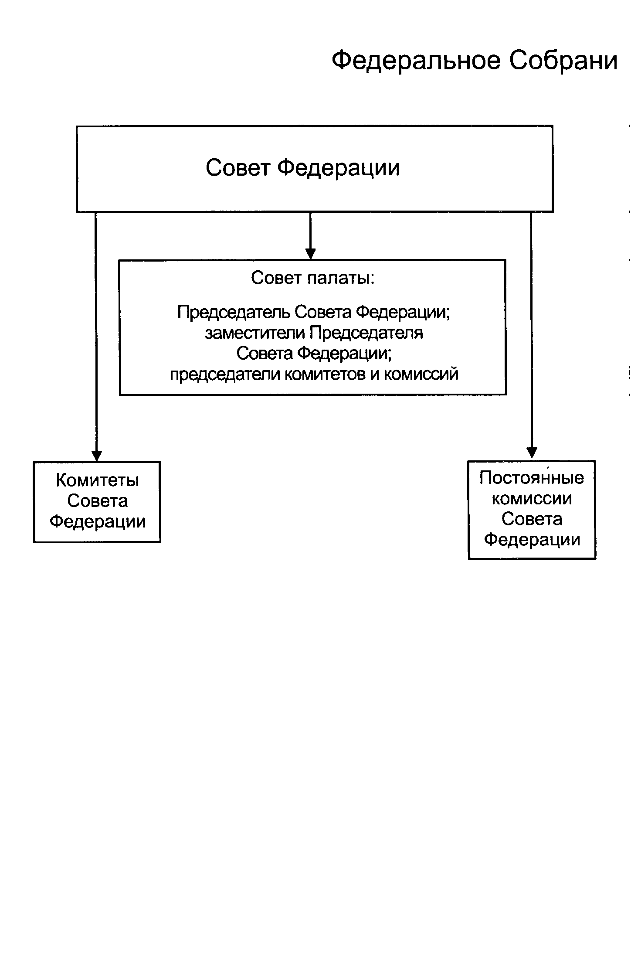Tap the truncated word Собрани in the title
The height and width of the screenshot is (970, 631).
point(563,61)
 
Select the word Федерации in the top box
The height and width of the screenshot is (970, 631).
point(339,168)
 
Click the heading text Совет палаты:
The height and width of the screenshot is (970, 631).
point(312,278)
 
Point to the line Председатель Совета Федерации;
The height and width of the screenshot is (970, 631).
point(313,312)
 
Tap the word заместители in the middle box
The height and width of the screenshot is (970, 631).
point(256,333)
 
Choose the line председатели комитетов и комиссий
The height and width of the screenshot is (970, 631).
point(314,374)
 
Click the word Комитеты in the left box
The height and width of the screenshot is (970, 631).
point(98,480)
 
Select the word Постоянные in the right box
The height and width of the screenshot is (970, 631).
point(532,478)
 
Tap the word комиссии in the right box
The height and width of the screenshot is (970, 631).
point(532,498)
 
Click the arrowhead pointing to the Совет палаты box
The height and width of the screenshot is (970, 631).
point(310,254)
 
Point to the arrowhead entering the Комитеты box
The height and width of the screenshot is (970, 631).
point(96,455)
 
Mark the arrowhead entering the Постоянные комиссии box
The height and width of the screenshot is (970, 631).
point(532,453)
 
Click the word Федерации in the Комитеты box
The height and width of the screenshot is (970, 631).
point(98,521)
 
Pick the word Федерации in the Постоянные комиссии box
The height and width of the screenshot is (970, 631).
point(532,540)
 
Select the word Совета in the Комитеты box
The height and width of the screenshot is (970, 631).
point(98,501)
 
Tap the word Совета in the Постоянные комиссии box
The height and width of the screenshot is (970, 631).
point(532,519)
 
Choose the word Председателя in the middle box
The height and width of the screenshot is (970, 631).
point(366,333)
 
